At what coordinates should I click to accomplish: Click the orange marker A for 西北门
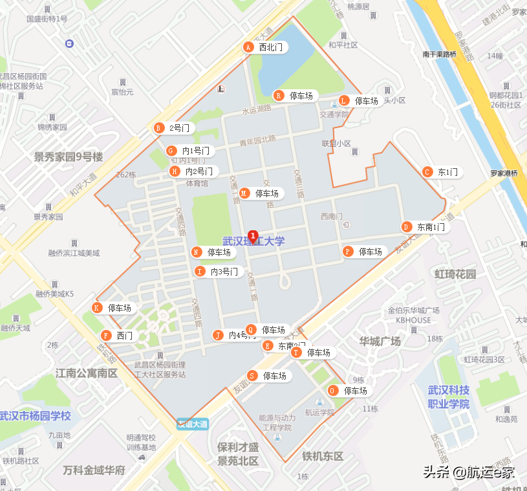tap(247, 47)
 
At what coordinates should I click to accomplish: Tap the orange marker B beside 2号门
tap(158, 128)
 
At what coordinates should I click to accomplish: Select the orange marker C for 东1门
tap(427, 172)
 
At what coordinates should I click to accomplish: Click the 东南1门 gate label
tap(431, 227)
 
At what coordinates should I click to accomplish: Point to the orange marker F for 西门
tap(105, 336)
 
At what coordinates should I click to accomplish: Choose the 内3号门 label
tap(224, 272)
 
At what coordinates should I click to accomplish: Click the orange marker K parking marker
tap(97, 308)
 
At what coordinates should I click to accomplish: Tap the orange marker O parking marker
tap(332, 391)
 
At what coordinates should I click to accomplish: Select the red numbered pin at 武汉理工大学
tap(253, 235)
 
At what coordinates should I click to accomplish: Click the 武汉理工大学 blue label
tap(253, 241)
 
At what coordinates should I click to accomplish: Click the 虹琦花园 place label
tap(455, 274)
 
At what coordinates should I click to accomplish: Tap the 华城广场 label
tap(380, 341)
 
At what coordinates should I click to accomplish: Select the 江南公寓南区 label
tap(86, 373)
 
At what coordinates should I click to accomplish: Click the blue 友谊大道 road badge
tap(193, 424)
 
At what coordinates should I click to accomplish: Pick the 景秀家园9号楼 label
tap(69, 157)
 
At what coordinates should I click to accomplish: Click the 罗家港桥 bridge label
tap(503, 173)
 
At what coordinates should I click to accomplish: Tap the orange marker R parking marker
tap(279, 96)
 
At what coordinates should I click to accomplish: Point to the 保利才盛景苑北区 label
tap(238, 454)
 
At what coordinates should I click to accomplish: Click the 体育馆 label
tap(197, 183)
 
